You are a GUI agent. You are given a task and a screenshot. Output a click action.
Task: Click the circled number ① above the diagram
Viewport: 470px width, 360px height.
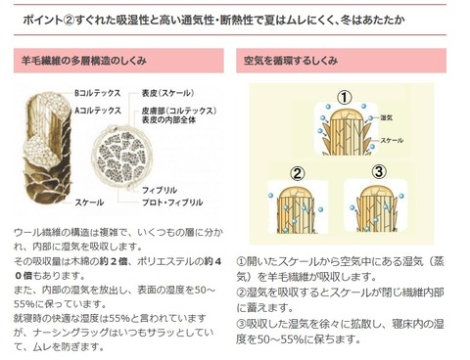point(344,97)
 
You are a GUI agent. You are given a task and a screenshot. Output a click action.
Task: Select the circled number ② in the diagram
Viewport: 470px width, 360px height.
point(294,173)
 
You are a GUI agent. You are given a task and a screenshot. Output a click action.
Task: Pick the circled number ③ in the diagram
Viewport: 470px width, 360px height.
point(379,172)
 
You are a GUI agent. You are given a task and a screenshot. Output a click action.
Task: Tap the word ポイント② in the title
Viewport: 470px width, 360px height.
point(36,20)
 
